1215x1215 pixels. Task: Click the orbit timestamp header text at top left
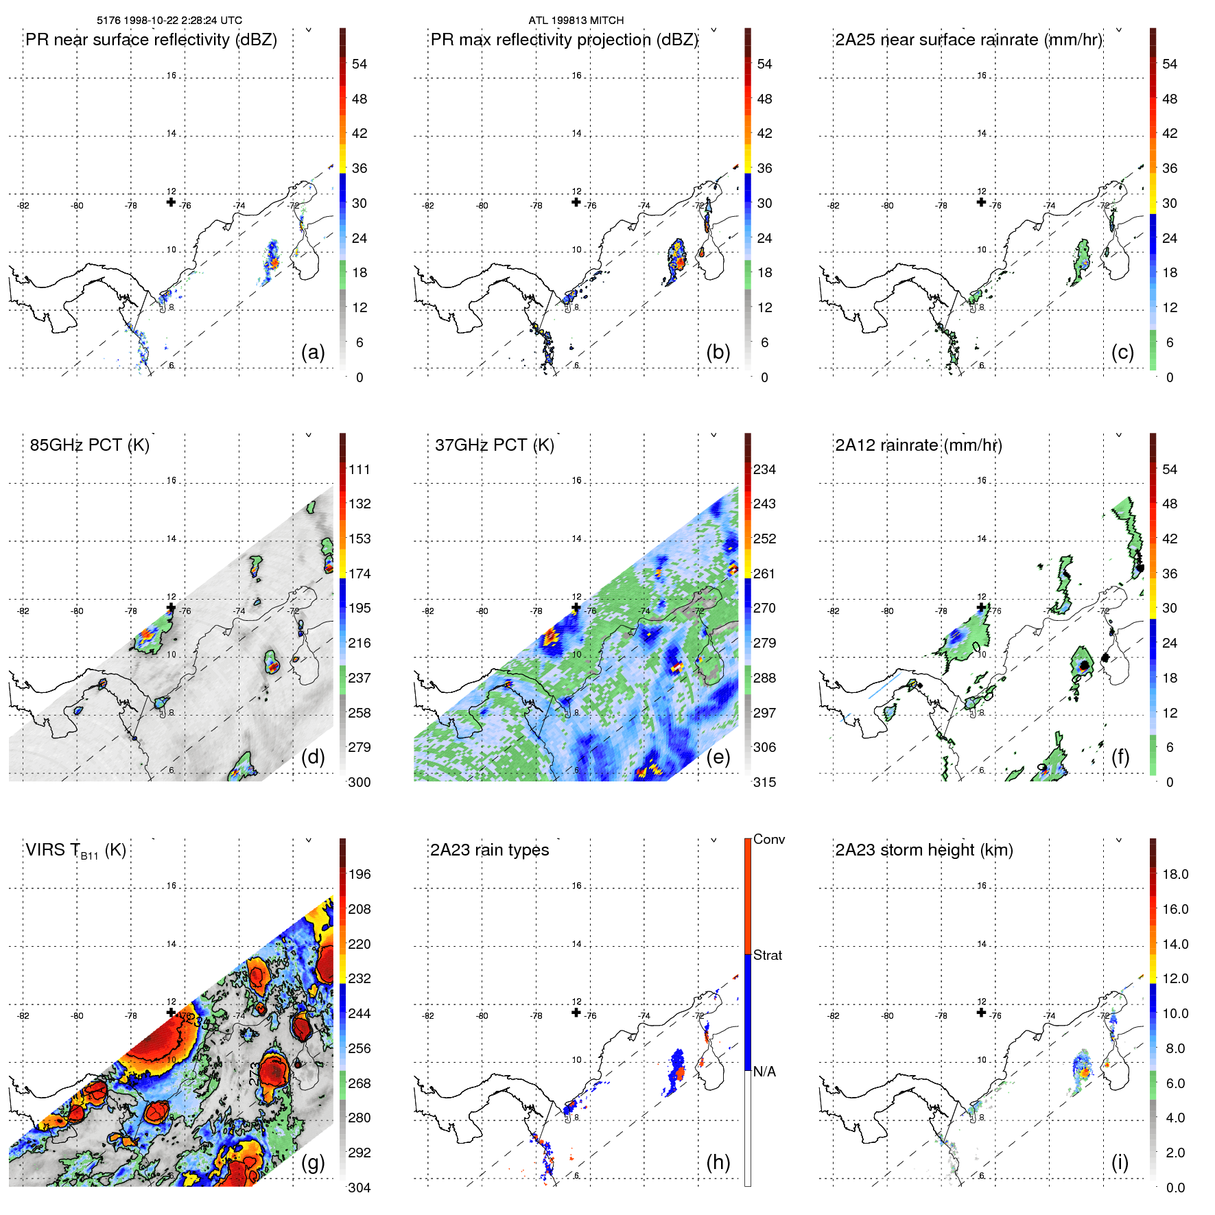pos(169,21)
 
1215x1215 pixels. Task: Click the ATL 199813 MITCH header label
pos(576,21)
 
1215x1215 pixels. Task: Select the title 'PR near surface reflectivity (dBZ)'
pos(151,40)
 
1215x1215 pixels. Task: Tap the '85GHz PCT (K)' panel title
pos(89,445)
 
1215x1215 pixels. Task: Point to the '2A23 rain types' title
pos(489,850)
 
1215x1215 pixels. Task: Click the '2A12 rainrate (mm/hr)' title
pos(918,445)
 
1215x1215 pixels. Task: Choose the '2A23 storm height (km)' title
pos(923,850)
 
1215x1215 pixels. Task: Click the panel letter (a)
pos(313,352)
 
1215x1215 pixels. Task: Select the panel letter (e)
pos(718,757)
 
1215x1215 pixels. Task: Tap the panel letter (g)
pos(313,1162)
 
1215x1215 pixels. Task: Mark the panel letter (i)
pos(1120,1162)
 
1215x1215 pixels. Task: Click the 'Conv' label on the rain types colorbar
pos(768,839)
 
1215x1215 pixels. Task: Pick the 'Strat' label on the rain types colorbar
pos(767,955)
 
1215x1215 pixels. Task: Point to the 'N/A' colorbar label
pos(764,1072)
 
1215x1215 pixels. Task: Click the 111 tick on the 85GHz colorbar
pos(359,469)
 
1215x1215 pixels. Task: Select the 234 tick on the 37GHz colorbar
pos(764,469)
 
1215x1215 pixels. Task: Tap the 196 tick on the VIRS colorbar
pos(359,874)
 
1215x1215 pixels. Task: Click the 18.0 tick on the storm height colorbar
pos(1175,874)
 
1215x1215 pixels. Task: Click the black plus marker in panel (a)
pos(171,202)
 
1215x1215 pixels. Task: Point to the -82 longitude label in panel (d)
pos(23,611)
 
